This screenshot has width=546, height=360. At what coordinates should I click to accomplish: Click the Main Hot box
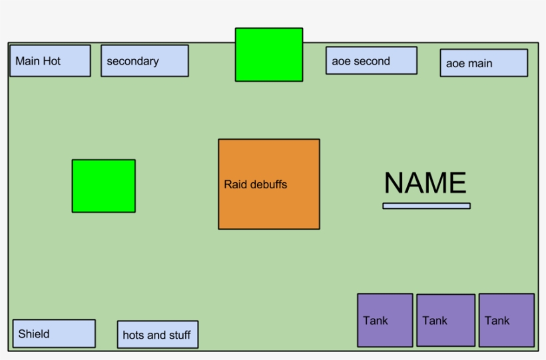pos(50,61)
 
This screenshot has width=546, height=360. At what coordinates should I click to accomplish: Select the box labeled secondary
pos(144,61)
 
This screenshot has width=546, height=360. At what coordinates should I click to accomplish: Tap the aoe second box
pos(371,61)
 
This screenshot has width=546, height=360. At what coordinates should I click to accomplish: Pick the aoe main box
pos(483,63)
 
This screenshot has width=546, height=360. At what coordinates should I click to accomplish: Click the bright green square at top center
pos(268,55)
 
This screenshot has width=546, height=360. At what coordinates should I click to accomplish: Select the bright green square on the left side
pos(103,186)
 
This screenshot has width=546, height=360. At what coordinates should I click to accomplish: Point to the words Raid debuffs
pos(255,184)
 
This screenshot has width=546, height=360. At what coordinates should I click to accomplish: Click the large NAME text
pos(425,183)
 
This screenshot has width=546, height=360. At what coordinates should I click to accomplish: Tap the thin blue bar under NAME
pos(426,206)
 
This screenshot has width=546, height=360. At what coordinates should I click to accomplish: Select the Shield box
pos(54,333)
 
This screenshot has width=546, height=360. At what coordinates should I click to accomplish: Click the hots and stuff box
pos(157,334)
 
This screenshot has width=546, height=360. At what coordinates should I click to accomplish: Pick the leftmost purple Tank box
pos(385,320)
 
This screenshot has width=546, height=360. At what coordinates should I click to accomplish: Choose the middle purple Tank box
pos(445,320)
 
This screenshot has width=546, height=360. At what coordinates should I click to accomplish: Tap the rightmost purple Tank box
pos(506,320)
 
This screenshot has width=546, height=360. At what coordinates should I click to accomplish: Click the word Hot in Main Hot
pos(52,61)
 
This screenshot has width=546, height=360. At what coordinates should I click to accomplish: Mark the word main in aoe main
pos(479,64)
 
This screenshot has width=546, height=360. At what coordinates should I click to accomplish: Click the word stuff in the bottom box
pos(176,335)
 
